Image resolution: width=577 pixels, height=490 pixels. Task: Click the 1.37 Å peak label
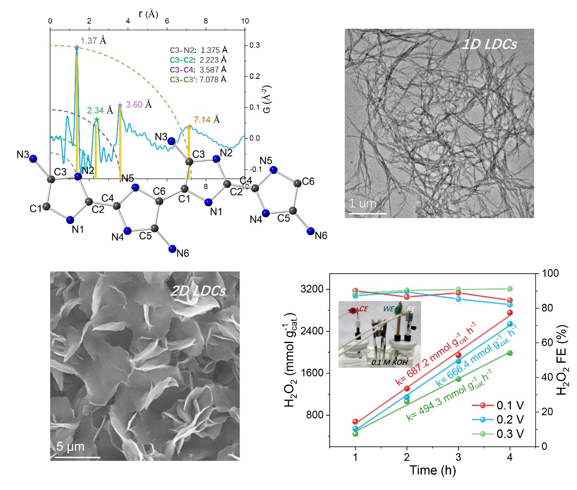[94, 41]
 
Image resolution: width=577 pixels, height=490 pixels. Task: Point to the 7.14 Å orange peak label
[207, 120]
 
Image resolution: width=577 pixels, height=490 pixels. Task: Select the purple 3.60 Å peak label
[139, 104]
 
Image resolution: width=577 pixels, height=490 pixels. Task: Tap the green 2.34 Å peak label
[100, 110]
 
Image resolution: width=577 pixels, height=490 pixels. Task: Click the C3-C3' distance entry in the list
[198, 79]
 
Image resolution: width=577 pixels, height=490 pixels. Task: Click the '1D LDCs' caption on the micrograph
[489, 44]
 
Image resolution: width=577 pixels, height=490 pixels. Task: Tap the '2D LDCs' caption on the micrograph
[198, 291]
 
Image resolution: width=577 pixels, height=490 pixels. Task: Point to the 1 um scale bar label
[363, 203]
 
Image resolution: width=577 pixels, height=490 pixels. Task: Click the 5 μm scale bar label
[71, 447]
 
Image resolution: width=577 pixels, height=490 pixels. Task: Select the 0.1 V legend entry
[510, 405]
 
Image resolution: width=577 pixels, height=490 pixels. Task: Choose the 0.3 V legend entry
[510, 434]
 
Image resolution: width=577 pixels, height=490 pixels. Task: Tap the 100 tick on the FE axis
[550, 273]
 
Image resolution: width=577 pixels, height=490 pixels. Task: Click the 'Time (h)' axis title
[432, 470]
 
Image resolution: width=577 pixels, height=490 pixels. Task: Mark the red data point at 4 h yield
[510, 313]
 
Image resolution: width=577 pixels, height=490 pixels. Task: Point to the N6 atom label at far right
[321, 235]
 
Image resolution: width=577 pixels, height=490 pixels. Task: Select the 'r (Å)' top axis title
[148, 14]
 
